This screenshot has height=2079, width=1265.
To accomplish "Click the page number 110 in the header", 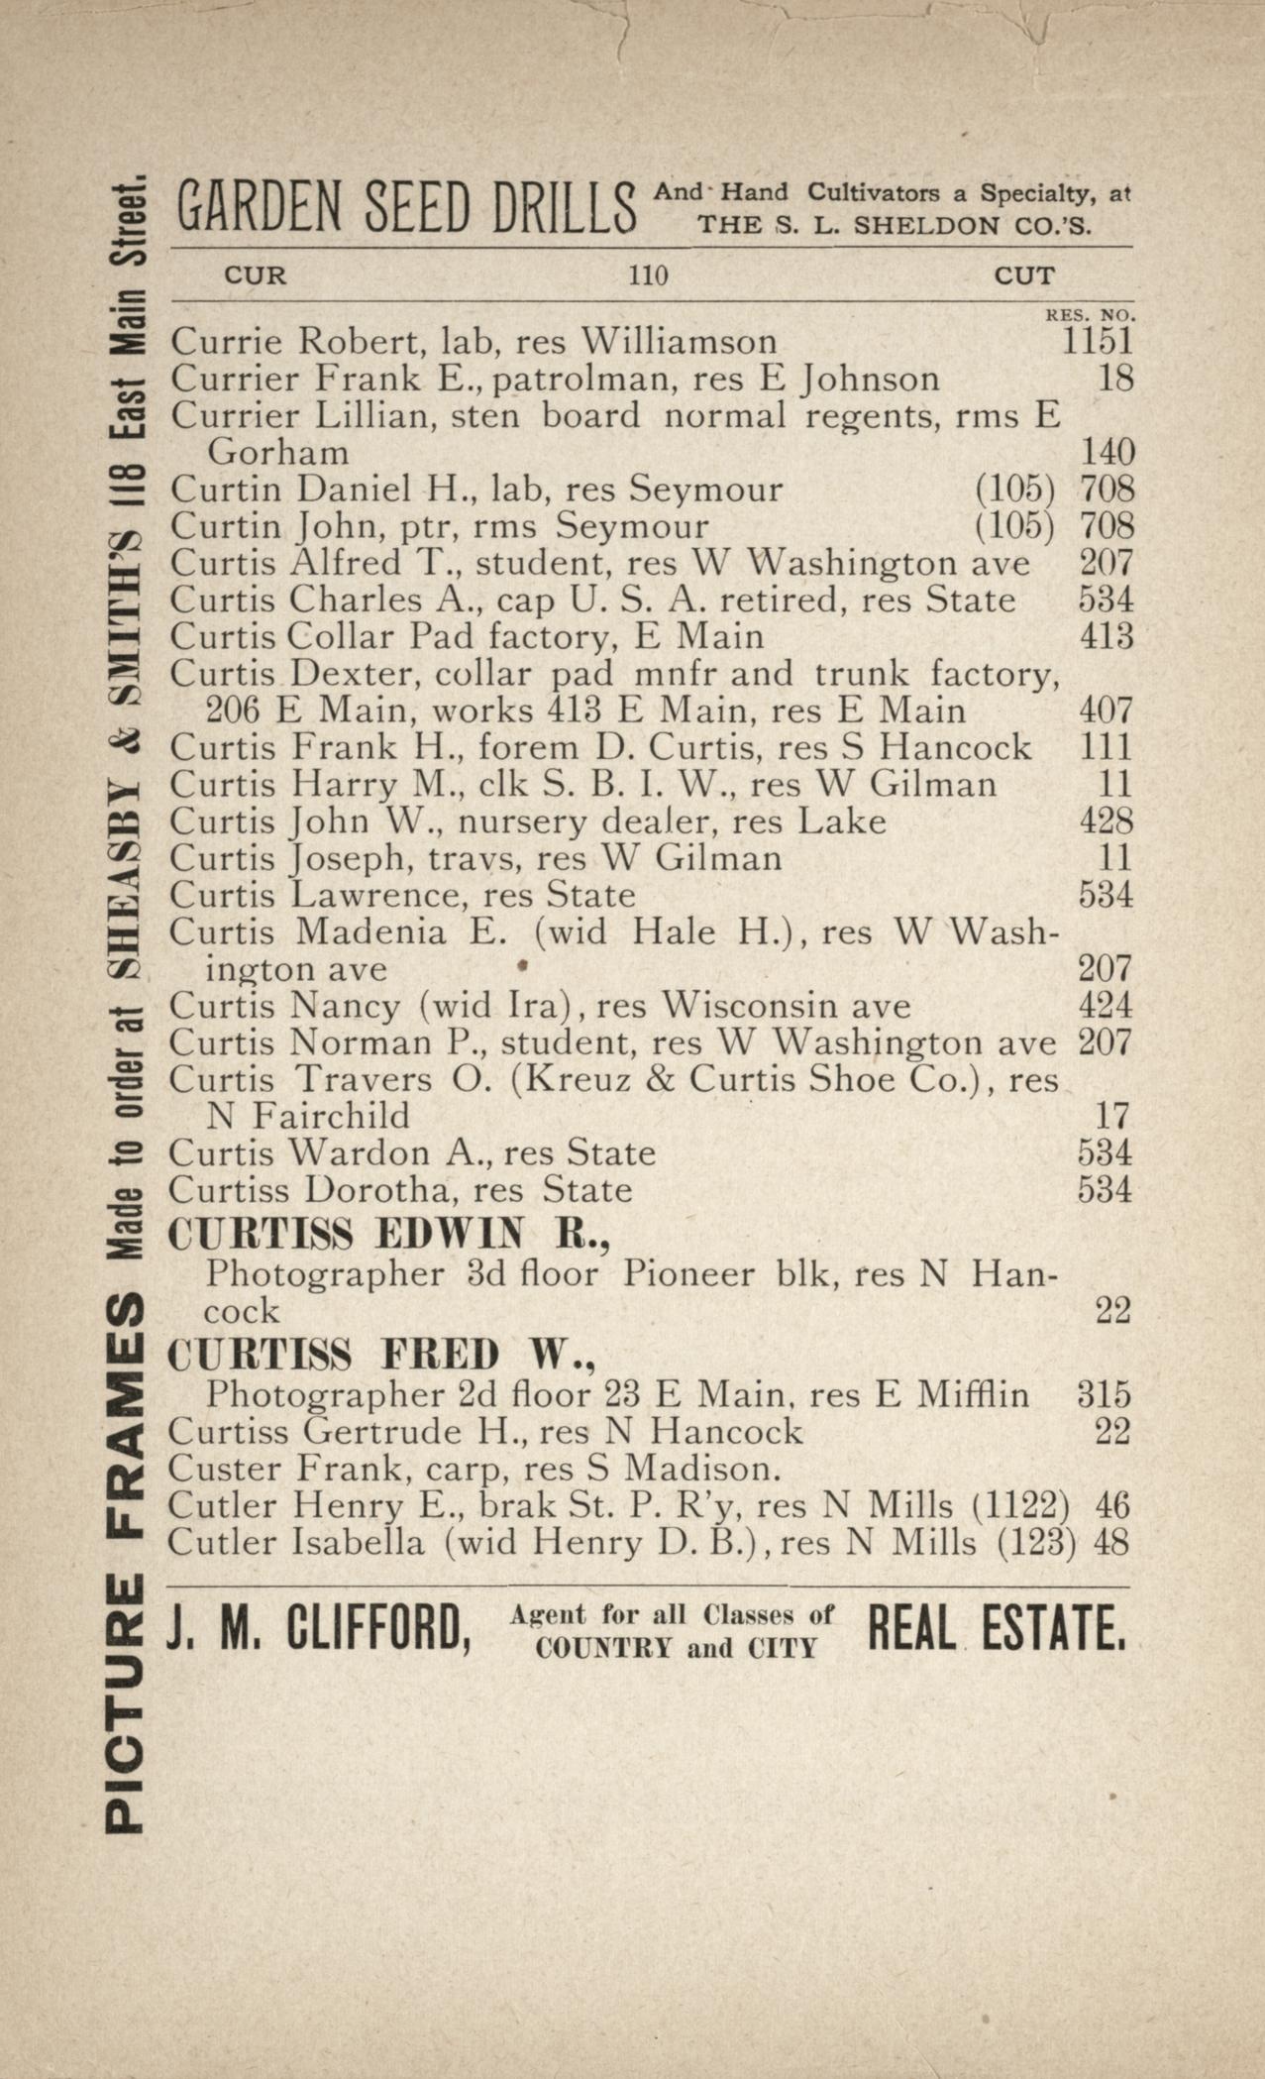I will pos(648,275).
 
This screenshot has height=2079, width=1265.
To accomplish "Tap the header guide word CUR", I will pos(256,275).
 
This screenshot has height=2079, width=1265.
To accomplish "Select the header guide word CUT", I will pos(1024,275).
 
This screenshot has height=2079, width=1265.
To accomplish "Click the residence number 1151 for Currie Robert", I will pos(1097,341).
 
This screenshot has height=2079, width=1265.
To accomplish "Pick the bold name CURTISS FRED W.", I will pos(381,1355).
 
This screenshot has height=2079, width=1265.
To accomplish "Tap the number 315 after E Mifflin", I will pos(1103,1395).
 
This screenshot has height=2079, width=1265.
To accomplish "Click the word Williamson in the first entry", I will pos(680,341).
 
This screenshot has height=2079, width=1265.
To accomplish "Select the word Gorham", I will pos(277,453).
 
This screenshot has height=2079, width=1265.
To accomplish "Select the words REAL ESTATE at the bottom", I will pos(997,1627).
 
